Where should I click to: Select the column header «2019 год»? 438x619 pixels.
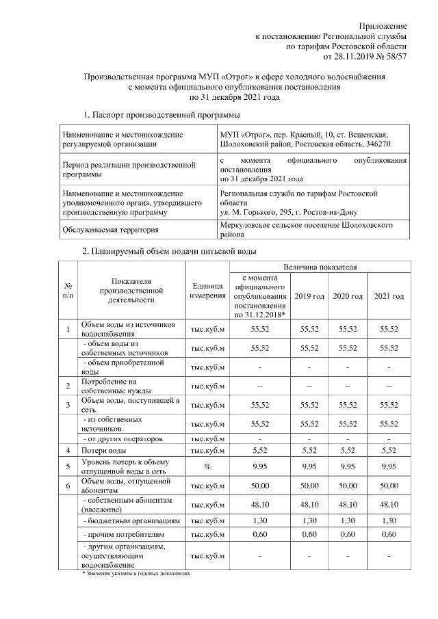coord(309,295)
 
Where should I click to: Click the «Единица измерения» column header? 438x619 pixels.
coord(209,291)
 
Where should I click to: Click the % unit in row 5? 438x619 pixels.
coord(209,467)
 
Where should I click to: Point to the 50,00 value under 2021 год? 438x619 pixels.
coord(389,485)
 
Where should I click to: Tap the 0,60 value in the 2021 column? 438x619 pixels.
coord(389,534)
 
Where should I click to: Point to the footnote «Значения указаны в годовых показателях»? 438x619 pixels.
coord(136,573)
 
